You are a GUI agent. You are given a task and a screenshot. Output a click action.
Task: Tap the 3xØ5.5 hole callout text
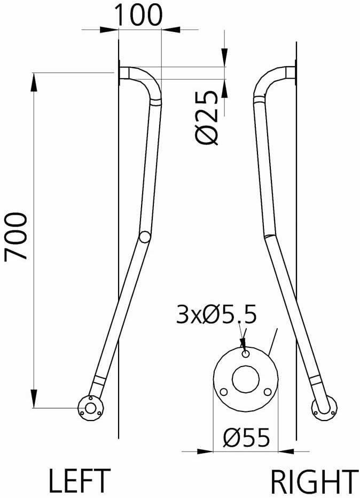216,316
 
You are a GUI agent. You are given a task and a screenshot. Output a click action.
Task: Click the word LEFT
80,480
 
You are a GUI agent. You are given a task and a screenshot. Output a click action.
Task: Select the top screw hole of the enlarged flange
245,354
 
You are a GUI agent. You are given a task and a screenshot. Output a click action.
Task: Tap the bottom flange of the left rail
90,409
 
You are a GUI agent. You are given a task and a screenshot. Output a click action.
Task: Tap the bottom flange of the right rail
324,409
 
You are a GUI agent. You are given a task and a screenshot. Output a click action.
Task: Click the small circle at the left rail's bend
144,236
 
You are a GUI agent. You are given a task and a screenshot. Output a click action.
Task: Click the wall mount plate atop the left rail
121,73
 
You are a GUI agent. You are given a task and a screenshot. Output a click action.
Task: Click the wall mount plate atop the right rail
294,73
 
